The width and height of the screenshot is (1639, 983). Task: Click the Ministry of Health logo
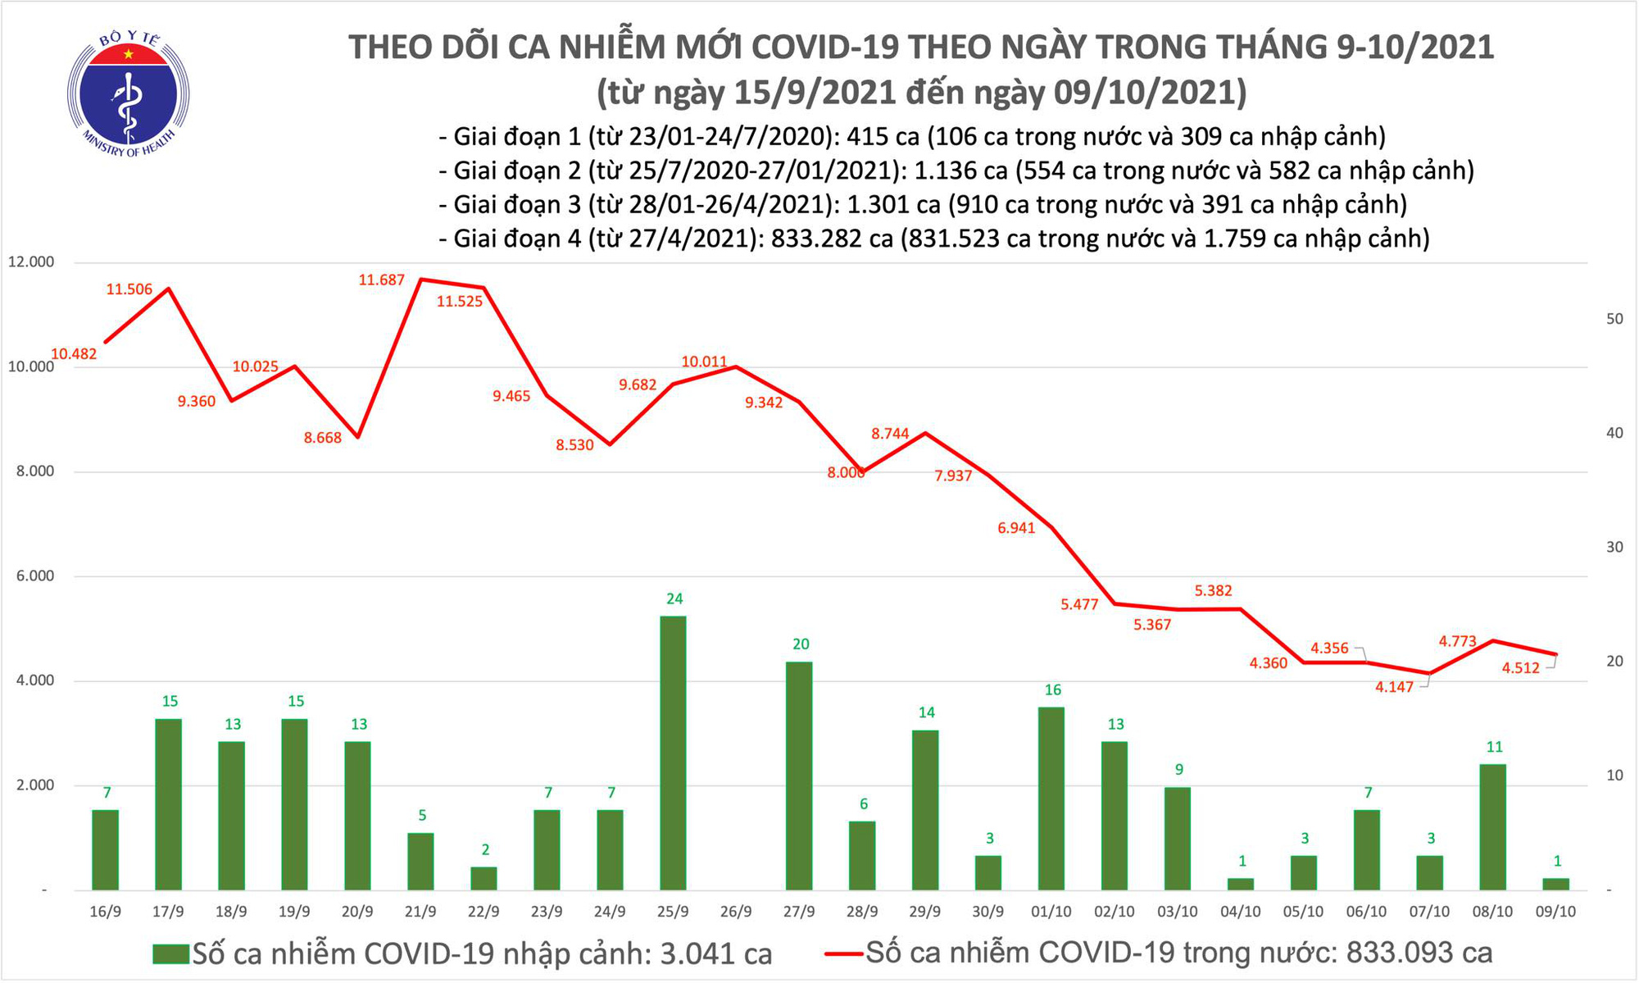[x=128, y=93]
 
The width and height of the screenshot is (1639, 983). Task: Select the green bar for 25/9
[x=673, y=753]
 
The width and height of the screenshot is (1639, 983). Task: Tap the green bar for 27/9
[x=799, y=776]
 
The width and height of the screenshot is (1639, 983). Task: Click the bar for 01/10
[x=1051, y=799]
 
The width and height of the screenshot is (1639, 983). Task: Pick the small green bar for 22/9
[x=484, y=878]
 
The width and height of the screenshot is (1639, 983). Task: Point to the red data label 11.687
[x=381, y=280]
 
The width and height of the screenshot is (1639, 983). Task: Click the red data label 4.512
[x=1520, y=668]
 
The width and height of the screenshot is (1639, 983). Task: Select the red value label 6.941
[x=1016, y=528]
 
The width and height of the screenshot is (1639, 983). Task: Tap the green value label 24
[x=674, y=599]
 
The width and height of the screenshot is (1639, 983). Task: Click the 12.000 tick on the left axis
[x=31, y=262]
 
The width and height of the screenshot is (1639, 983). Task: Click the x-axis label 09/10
[x=1555, y=912]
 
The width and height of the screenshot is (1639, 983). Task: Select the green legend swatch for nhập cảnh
[x=170, y=954]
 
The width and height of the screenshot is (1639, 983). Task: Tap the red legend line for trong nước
[x=843, y=954]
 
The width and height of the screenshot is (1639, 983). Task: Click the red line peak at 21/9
[x=420, y=280]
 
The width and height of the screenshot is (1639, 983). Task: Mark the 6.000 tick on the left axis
[x=31, y=576]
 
